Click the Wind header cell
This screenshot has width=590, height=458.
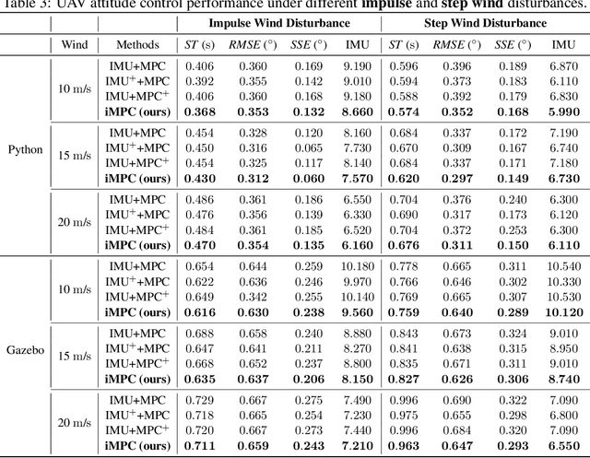click(x=75, y=43)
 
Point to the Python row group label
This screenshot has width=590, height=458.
click(x=26, y=150)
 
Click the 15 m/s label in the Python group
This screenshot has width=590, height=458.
click(x=75, y=150)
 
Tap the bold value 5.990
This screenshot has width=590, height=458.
click(x=562, y=112)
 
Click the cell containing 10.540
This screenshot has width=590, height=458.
click(x=562, y=265)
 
